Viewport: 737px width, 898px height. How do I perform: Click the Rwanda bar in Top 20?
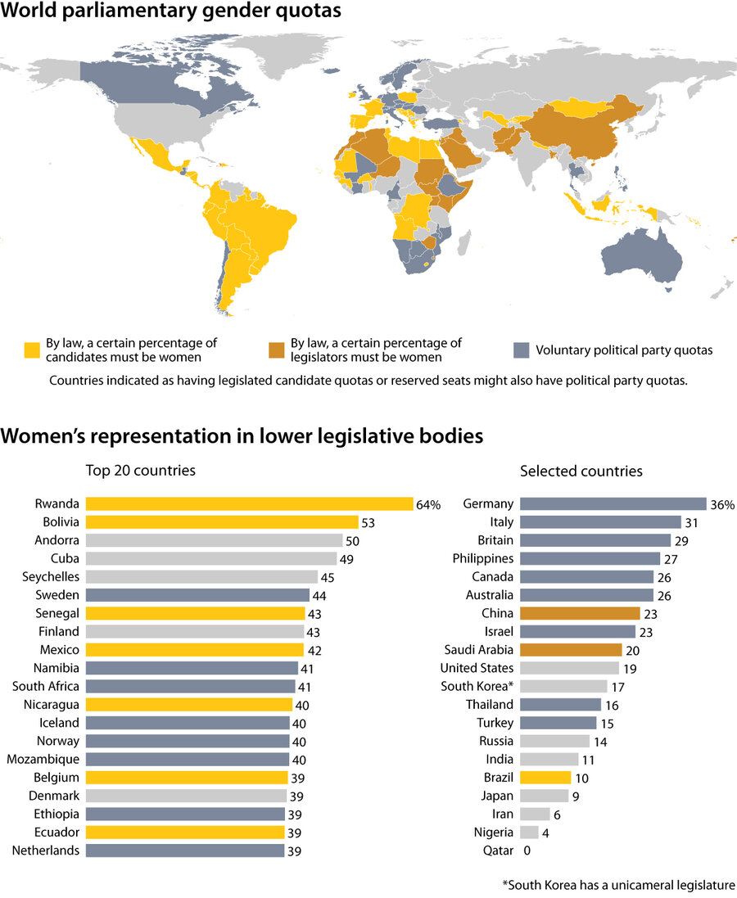pos(249,504)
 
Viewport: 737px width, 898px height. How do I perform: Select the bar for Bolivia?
pos(222,522)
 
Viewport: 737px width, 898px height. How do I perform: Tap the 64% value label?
pos(428,505)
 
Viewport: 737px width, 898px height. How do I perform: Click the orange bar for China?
pos(580,613)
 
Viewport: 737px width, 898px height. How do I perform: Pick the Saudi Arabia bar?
pos(570,650)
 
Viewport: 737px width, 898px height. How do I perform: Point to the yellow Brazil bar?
pos(545,777)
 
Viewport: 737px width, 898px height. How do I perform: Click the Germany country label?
pos(488,504)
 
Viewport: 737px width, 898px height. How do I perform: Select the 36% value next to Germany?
pos(722,505)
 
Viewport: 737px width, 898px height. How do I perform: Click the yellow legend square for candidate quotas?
pos(31,350)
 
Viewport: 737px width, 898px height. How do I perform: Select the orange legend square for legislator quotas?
pos(277,350)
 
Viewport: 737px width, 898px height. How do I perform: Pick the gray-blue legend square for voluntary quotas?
pos(521,350)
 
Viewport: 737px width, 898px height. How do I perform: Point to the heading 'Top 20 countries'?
pos(141,471)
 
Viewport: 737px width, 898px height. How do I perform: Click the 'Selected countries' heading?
pos(581,471)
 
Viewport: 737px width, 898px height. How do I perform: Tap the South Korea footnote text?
pos(618,885)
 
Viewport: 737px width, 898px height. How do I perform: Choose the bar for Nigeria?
pos(529,833)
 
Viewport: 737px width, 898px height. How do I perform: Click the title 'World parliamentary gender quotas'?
pos(171,12)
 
